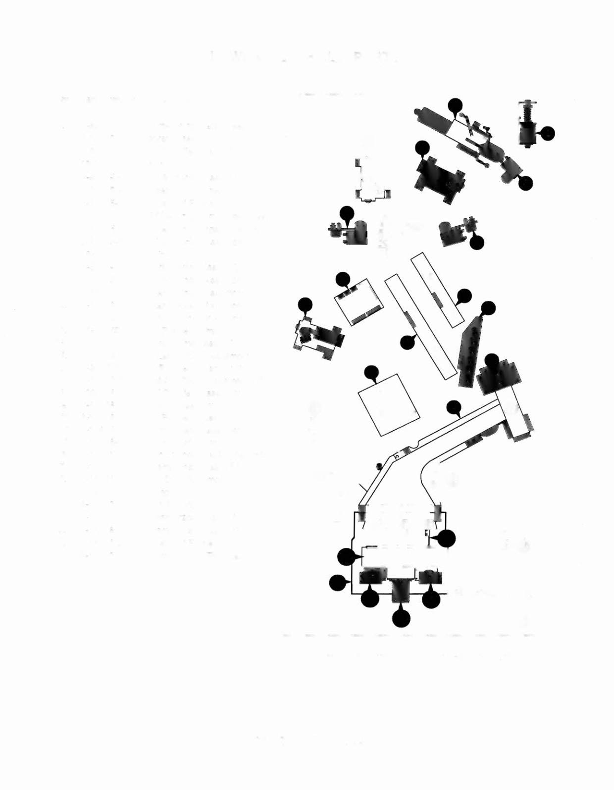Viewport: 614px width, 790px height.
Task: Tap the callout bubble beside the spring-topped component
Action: click(x=547, y=133)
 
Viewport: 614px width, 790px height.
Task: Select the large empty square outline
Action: click(x=389, y=404)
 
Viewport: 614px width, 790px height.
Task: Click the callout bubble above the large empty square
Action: click(x=371, y=373)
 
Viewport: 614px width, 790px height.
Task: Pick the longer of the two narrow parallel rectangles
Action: click(x=420, y=327)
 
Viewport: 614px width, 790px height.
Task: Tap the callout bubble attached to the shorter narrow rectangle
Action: click(x=464, y=296)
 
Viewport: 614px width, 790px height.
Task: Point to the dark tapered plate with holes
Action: click(x=470, y=351)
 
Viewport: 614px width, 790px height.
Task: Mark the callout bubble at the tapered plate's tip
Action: click(x=488, y=308)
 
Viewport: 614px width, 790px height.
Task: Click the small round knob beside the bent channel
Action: click(x=379, y=466)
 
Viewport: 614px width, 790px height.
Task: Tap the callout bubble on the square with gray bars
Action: click(x=343, y=279)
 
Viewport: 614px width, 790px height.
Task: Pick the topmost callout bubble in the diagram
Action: click(x=455, y=105)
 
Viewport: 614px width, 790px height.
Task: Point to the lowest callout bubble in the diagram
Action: click(x=401, y=618)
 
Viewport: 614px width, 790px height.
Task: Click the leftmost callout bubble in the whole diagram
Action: click(x=305, y=305)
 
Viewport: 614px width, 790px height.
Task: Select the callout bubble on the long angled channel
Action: click(x=454, y=408)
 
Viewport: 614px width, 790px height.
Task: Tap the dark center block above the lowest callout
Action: click(x=400, y=590)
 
